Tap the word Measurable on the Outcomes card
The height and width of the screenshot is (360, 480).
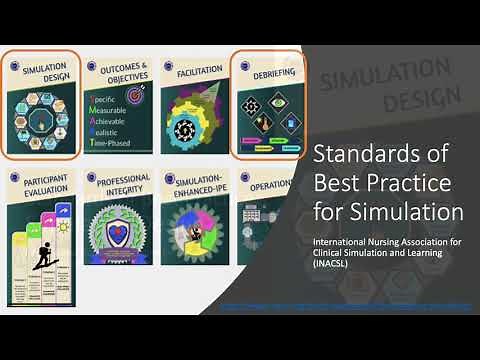(119, 113)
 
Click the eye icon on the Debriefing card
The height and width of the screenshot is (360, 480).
(250, 102)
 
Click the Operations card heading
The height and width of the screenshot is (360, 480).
(267, 185)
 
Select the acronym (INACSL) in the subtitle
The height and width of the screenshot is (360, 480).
(337, 264)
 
